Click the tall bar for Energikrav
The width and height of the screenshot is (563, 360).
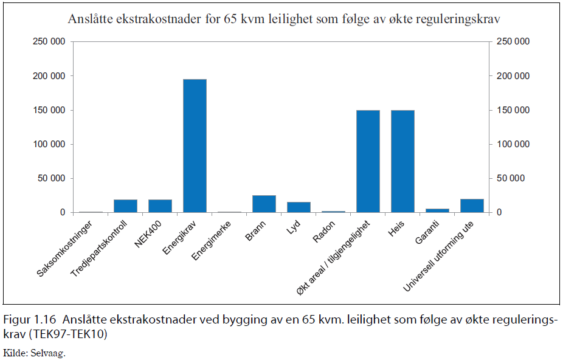click(x=195, y=146)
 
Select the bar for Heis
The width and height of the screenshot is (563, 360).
click(x=402, y=161)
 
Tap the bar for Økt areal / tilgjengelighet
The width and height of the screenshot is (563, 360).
click(x=368, y=161)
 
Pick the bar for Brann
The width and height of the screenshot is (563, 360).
click(x=264, y=204)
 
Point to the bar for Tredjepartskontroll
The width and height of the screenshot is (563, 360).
click(x=125, y=206)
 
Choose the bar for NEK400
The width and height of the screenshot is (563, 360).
click(x=160, y=206)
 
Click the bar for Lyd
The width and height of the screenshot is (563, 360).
click(x=299, y=207)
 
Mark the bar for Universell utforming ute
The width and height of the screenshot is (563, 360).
click(x=472, y=206)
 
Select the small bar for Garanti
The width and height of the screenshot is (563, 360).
click(x=437, y=210)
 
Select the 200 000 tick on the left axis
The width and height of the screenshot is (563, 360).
click(x=49, y=76)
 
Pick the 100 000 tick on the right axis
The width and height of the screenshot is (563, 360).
click(x=513, y=144)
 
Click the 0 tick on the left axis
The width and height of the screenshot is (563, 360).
click(x=63, y=212)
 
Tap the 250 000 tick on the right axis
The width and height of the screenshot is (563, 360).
click(x=513, y=42)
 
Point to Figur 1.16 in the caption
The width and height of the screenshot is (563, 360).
click(x=30, y=319)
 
